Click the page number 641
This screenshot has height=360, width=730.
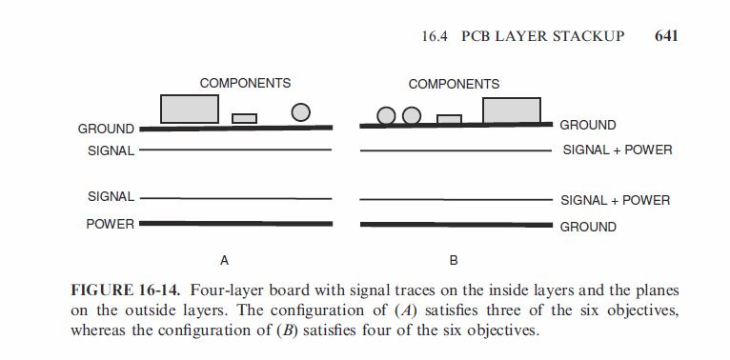(665, 36)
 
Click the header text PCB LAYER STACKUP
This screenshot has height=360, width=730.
(543, 36)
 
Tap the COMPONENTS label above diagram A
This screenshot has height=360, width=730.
(245, 84)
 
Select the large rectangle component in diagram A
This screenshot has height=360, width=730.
(190, 109)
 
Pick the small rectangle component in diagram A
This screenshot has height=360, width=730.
(245, 118)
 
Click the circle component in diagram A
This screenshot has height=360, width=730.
(301, 112)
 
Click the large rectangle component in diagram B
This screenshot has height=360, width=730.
(512, 110)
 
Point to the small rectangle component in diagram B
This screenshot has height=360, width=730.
(450, 119)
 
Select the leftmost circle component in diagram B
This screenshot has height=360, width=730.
(386, 116)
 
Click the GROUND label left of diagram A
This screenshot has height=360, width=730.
(106, 129)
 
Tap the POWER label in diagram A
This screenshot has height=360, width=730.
(110, 224)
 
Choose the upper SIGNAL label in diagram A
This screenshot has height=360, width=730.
(111, 150)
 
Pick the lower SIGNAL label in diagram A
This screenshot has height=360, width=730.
(111, 196)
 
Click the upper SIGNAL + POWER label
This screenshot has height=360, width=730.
(618, 150)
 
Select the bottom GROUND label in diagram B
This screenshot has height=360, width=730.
(588, 227)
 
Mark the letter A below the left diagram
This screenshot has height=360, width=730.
(225, 260)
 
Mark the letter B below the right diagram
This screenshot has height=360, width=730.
(454, 260)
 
